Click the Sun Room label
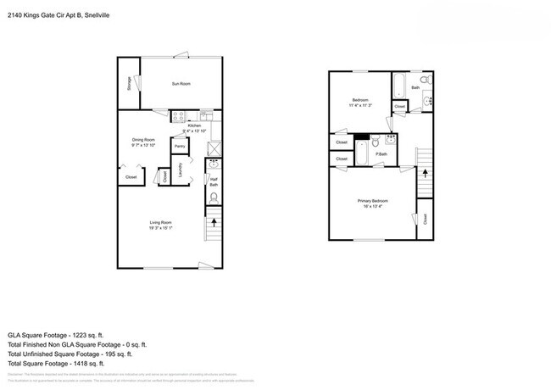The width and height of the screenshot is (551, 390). [181, 84]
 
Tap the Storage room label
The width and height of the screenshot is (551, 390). [128, 83]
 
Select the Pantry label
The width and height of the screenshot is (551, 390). [180, 147]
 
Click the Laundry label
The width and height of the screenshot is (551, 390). [180, 170]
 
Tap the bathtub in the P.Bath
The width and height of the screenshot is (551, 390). [362, 153]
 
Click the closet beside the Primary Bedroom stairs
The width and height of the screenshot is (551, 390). [424, 220]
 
